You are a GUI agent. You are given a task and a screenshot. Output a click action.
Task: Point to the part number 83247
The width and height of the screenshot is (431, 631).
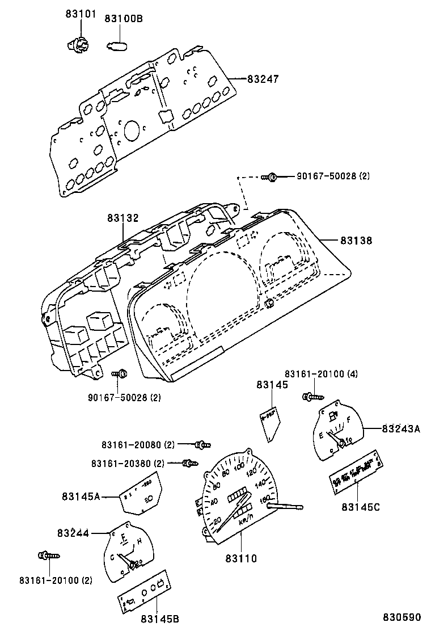[x=263, y=79]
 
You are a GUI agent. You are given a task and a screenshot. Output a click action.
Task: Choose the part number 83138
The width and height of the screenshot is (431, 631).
[x=356, y=241]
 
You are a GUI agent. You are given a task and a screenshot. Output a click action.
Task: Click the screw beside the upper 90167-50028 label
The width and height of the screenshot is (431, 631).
[x=271, y=177]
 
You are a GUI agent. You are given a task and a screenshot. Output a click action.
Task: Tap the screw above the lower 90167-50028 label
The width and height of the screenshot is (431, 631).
[x=120, y=374]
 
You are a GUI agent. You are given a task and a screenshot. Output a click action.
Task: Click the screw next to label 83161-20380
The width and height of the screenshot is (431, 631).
[x=190, y=464]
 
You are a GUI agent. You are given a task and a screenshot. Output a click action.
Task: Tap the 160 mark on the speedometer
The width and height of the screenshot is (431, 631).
[x=264, y=499]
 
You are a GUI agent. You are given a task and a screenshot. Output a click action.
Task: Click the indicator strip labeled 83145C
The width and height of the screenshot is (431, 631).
[x=356, y=469]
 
